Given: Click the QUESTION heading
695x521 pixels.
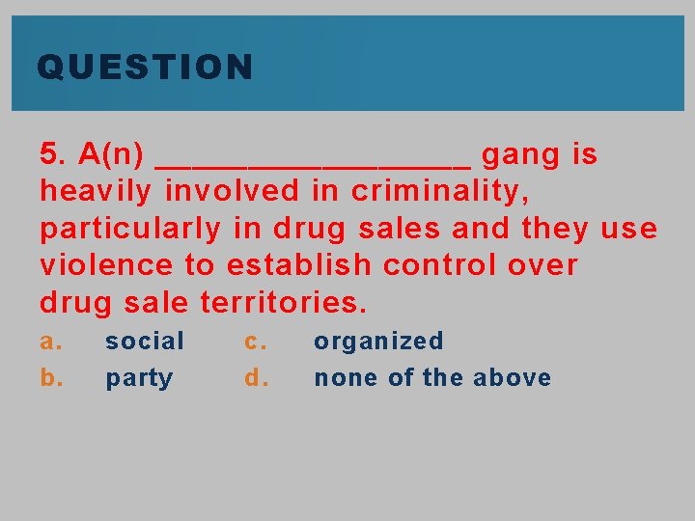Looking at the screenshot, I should point(145,68).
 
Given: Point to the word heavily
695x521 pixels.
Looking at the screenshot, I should point(96,192).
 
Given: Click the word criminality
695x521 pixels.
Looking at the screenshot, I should point(439,192).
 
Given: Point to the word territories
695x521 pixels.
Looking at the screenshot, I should point(284,303).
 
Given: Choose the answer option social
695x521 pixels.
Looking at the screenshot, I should point(145,341).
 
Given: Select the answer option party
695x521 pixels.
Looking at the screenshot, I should point(139,378).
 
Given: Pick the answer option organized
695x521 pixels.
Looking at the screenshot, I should point(378,342).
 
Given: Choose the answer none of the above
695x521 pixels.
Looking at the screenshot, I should point(432,377).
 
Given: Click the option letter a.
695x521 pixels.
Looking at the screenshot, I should point(51,342).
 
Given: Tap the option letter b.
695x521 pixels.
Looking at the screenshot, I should point(51,377).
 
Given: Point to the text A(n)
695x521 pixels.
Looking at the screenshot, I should point(112,154).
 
